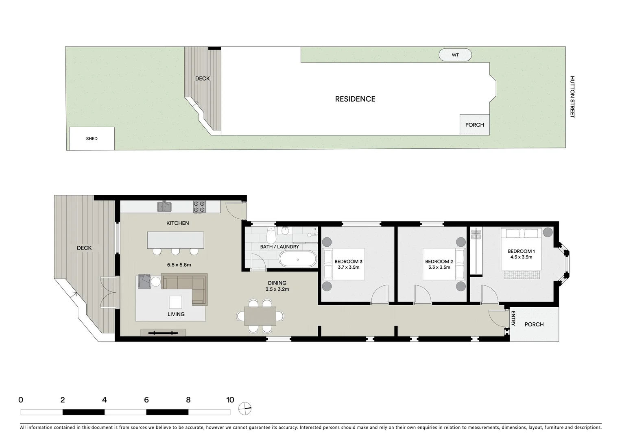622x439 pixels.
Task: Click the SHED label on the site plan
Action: coord(92,139)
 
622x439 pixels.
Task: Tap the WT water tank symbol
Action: coord(455,55)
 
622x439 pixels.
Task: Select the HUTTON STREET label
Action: coord(572,97)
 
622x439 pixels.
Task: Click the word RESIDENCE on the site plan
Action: coord(355,99)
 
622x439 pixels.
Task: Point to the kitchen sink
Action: coord(164,207)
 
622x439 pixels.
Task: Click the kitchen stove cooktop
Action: coord(199,207)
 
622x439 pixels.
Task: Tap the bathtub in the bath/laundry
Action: coord(297,259)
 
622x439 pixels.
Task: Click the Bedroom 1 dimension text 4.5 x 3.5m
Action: coord(521,257)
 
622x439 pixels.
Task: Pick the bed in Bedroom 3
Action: coord(344,264)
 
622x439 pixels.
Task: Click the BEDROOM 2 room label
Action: coord(439,261)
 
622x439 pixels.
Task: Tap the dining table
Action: coord(260,316)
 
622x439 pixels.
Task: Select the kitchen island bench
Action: coord(176,240)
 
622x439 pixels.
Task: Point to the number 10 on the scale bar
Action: coord(230,400)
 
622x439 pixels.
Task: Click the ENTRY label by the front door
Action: coord(513,318)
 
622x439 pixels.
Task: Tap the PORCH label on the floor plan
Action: coord(534,324)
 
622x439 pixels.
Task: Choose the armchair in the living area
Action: coord(144,281)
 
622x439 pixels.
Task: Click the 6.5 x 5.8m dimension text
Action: coord(179,265)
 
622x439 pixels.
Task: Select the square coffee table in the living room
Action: coord(176,302)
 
